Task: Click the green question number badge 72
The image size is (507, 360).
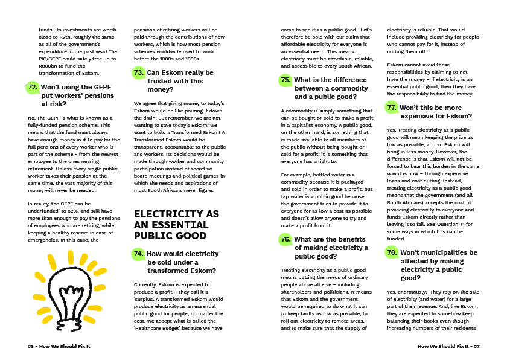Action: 33,87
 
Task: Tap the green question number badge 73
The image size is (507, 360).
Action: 139,73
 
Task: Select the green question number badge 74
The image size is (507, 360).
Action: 139,254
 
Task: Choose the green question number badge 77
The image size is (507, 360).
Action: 392,108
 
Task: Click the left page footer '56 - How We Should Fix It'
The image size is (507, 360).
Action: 59,346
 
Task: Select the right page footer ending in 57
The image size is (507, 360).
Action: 448,346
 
